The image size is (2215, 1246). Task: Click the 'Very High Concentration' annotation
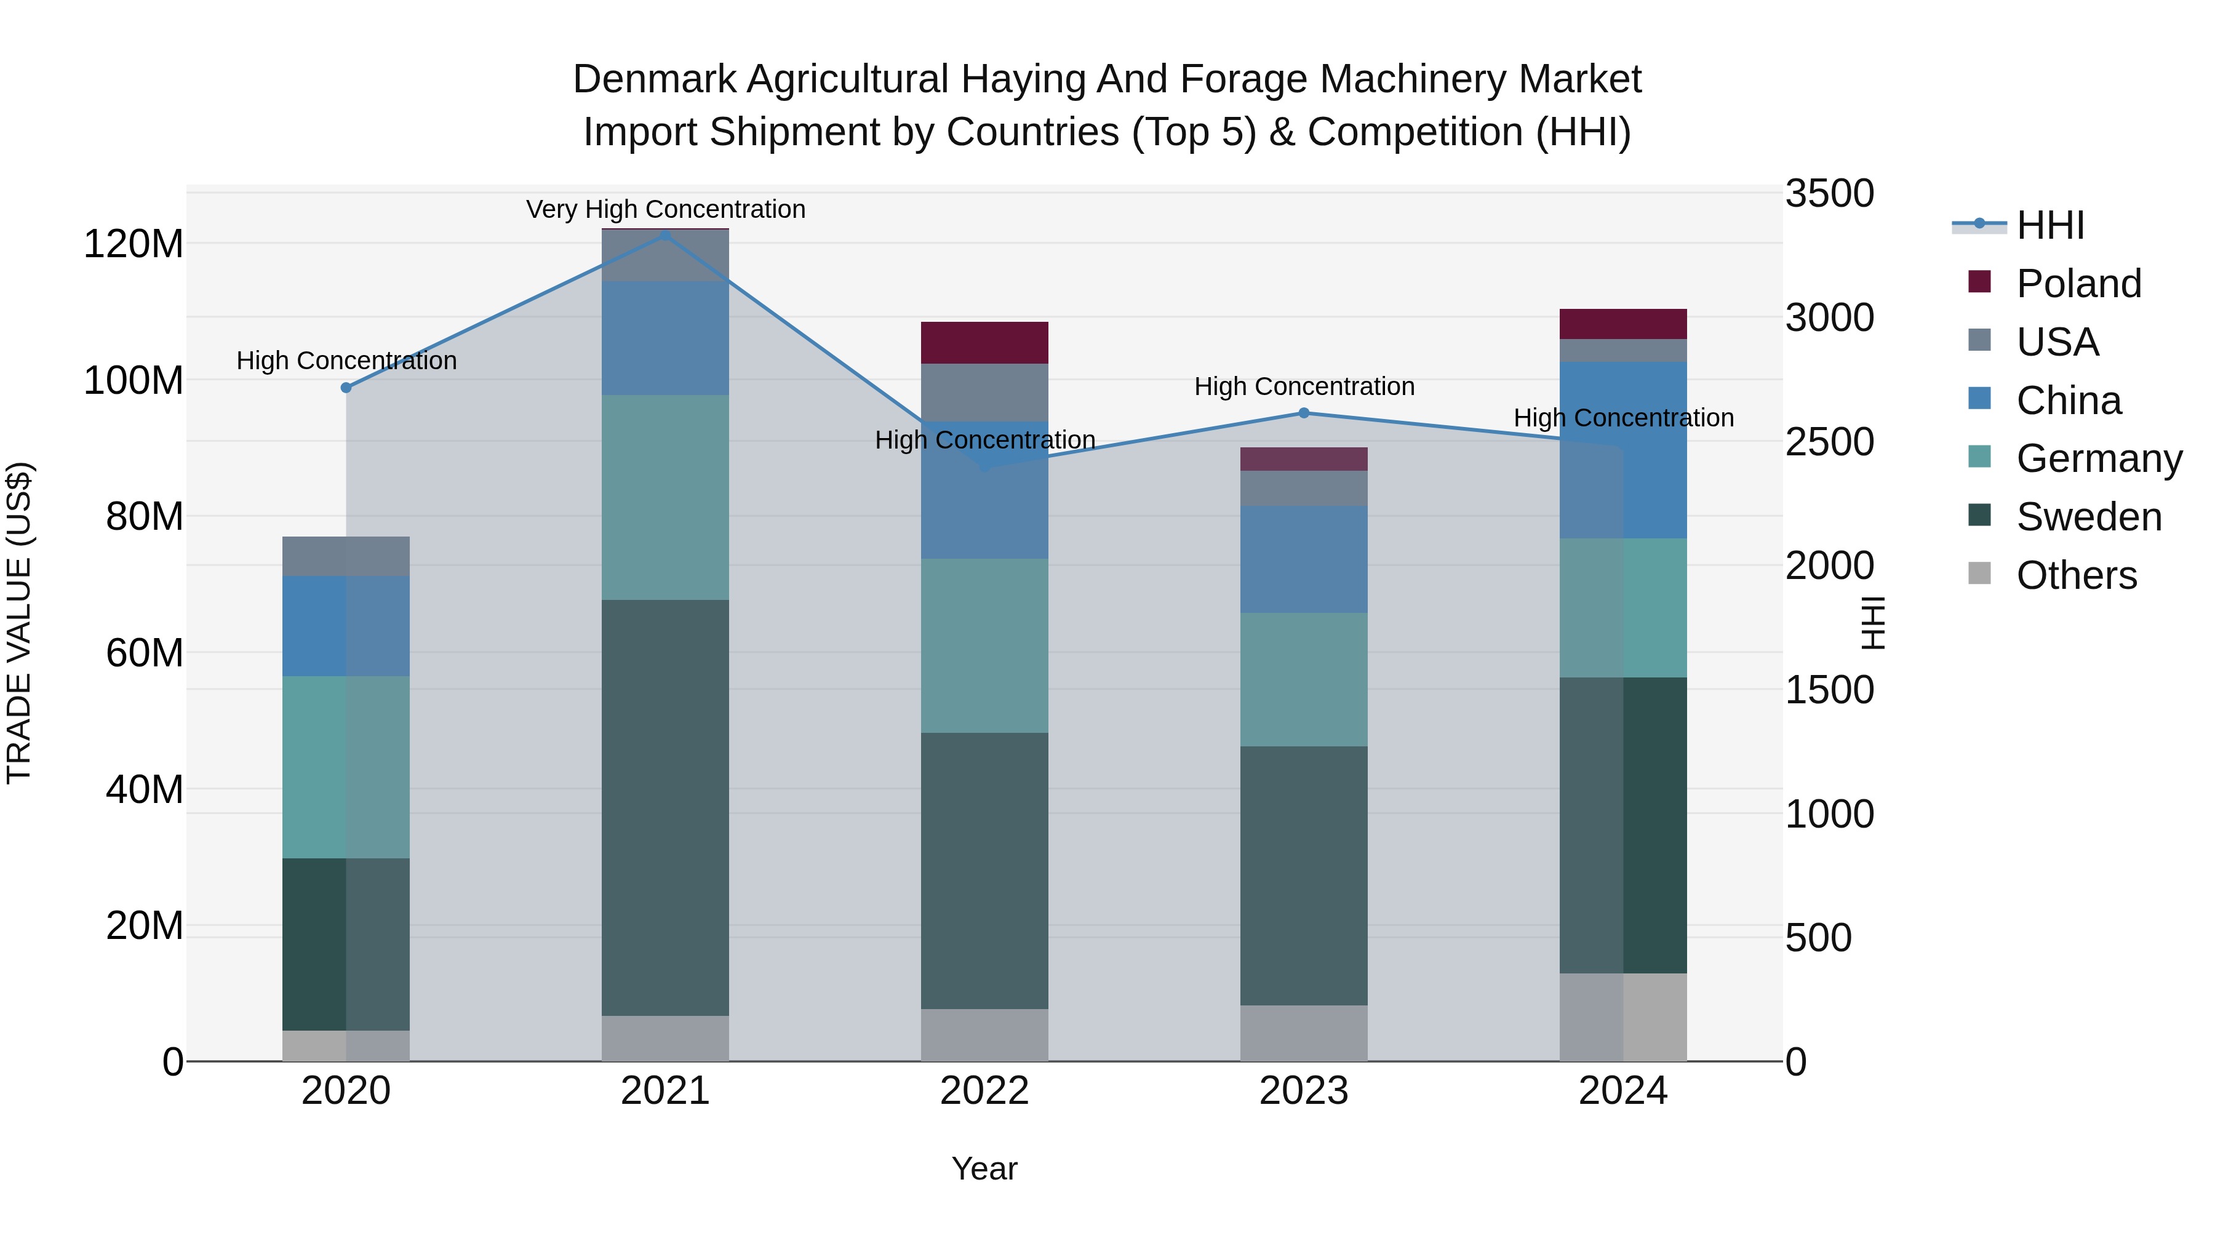pyautogui.click(x=666, y=209)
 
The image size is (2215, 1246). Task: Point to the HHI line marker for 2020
pyautogui.click(x=346, y=388)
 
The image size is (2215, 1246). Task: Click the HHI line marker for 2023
pyautogui.click(x=1304, y=413)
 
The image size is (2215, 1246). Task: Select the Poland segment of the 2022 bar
pyautogui.click(x=984, y=343)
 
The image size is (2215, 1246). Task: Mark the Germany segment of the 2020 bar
pyautogui.click(x=346, y=767)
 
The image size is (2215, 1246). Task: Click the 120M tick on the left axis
pyautogui.click(x=134, y=244)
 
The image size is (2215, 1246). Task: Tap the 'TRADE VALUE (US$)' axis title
pyautogui.click(x=19, y=623)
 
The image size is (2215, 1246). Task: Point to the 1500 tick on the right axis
pyautogui.click(x=1829, y=690)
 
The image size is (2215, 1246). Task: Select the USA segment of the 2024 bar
pyautogui.click(x=1624, y=350)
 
